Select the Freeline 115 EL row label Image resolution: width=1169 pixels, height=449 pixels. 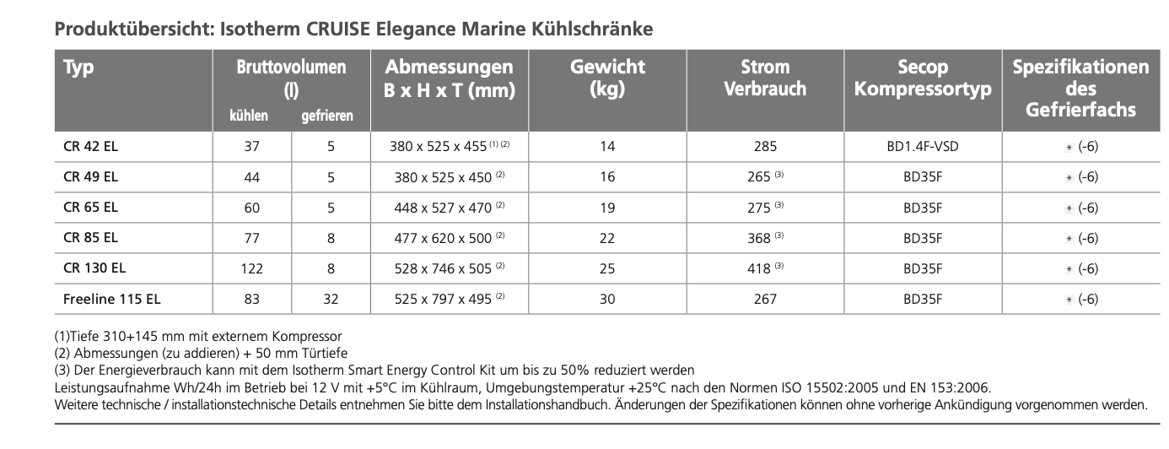(x=111, y=298)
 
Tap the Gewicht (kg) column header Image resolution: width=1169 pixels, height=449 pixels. (x=607, y=78)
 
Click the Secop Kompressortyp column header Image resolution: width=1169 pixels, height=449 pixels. (x=923, y=78)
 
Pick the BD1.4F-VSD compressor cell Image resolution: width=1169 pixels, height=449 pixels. (x=923, y=146)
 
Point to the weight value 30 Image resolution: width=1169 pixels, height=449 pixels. (x=607, y=298)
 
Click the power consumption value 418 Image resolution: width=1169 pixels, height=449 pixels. (x=759, y=268)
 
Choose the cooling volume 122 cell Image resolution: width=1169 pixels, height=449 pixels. (x=252, y=268)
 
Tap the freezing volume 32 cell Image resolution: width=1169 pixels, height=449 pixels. (x=331, y=298)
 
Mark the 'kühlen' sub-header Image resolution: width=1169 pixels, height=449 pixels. (x=249, y=116)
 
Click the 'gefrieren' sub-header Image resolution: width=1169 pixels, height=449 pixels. (x=327, y=116)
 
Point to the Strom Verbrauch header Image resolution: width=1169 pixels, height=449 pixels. (x=764, y=78)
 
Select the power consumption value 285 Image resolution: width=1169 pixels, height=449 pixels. (x=765, y=146)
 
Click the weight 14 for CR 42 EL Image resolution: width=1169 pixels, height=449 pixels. (x=607, y=146)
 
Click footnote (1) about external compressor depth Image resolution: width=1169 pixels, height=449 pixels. (x=198, y=337)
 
